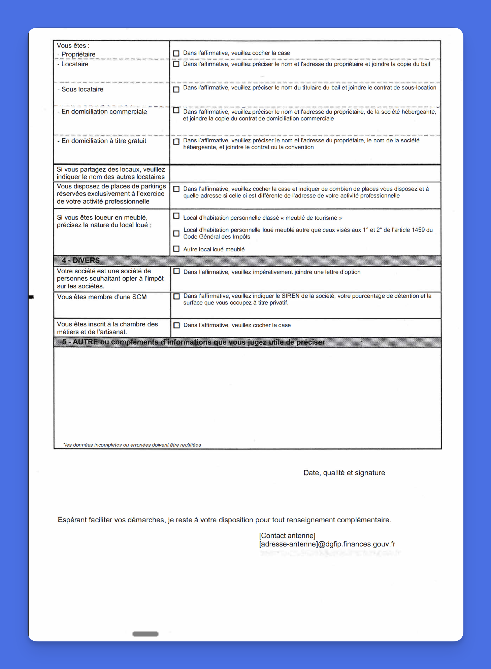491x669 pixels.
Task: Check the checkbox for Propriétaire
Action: [176, 53]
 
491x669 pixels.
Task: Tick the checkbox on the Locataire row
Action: [176, 64]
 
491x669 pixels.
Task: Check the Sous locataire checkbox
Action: [176, 90]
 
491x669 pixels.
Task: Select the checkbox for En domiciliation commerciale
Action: [176, 110]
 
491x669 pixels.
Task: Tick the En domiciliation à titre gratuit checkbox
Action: [176, 142]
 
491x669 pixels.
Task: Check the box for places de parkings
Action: [176, 189]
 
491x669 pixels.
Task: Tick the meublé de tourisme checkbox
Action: [176, 216]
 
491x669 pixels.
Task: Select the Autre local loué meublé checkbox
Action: [176, 249]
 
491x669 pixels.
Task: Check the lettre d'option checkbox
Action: [176, 271]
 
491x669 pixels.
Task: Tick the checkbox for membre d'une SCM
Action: [176, 296]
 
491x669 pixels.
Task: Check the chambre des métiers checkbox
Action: [176, 325]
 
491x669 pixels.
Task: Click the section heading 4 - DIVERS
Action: [81, 260]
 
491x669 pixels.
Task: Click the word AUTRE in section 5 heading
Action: [85, 342]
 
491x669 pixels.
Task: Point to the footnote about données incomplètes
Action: [132, 445]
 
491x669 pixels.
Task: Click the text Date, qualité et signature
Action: [344, 473]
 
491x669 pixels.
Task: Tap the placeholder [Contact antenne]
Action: [287, 536]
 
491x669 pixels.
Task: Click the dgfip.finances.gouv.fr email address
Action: [327, 544]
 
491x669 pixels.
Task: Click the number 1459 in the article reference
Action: [418, 230]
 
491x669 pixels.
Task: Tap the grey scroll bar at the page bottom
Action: [145, 634]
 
